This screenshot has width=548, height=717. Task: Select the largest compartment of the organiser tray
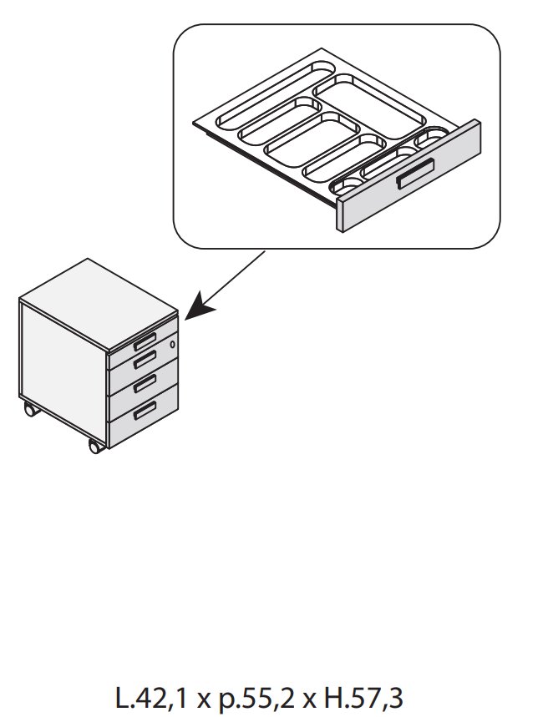pos(374,106)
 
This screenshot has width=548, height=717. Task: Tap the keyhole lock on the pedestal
pos(173,345)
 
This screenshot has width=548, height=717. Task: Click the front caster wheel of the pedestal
pos(94,447)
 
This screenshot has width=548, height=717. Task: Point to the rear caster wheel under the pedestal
pos(30,410)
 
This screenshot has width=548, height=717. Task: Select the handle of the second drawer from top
pos(144,359)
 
